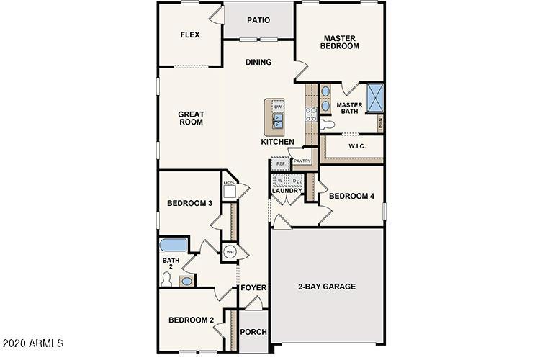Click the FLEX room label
tap(190, 35)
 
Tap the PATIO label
tap(258, 20)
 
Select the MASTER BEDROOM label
tap(341, 42)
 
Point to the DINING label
tap(258, 62)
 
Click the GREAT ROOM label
tap(192, 118)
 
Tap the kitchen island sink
tap(278, 120)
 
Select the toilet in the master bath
tap(328, 124)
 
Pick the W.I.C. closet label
tap(358, 146)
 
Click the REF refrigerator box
tap(280, 164)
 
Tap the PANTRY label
tap(302, 161)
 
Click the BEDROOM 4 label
tap(350, 196)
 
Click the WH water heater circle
tap(230, 252)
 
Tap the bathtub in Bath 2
tap(174, 244)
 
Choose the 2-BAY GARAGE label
tap(327, 287)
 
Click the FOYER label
tap(254, 288)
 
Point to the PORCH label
tap(253, 332)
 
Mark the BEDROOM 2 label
tap(190, 320)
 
